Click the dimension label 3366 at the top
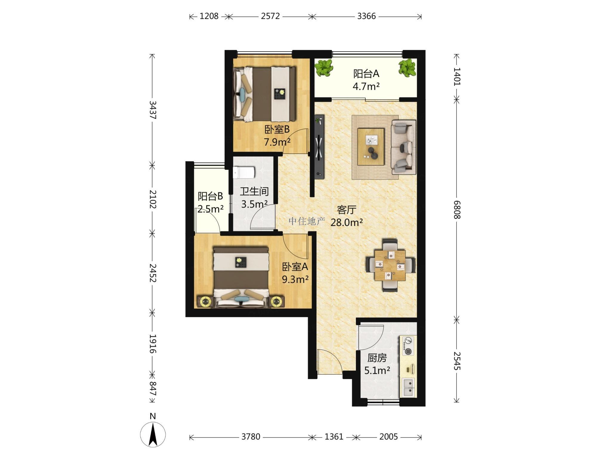click(x=366, y=16)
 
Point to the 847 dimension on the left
click(x=153, y=388)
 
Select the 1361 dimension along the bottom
click(x=334, y=437)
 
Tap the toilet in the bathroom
click(x=244, y=172)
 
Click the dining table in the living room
click(x=390, y=265)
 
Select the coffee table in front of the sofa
click(x=371, y=146)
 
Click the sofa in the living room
click(x=404, y=147)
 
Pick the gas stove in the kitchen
click(x=408, y=346)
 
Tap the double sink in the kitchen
click(x=408, y=387)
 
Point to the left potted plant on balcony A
click(x=324, y=68)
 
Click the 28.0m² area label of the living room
click(x=347, y=222)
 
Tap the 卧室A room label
click(x=295, y=267)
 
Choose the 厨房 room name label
click(x=377, y=358)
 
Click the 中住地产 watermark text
click(x=307, y=221)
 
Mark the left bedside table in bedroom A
click(x=205, y=302)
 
